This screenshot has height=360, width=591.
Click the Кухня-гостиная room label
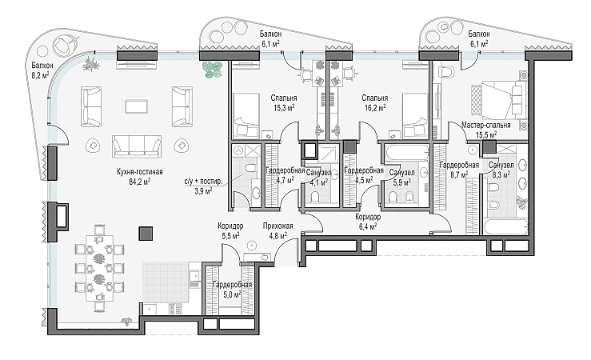click(139, 172)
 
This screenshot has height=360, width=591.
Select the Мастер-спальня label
click(486, 125)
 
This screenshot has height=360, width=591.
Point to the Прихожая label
click(278, 226)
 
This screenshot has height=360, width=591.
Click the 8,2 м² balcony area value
click(40, 75)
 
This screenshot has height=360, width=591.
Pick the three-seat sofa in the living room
click(137, 146)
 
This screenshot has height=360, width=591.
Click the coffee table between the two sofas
click(137, 106)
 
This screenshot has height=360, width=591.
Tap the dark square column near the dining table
click(146, 234)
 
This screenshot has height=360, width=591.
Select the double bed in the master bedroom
click(498, 98)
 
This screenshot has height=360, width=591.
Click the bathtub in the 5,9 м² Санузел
click(407, 154)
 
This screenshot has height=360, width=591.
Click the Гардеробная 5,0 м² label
click(232, 290)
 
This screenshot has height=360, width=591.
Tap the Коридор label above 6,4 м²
click(368, 217)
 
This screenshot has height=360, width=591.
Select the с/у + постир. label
click(203, 182)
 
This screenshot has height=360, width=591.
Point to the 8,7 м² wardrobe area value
click(459, 174)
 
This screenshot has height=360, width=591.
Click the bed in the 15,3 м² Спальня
click(246, 115)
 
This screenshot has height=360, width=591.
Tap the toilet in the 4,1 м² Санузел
click(315, 196)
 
